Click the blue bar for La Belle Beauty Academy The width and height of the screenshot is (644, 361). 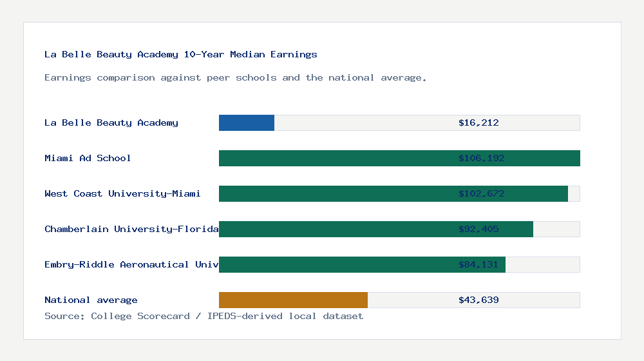pos(247,122)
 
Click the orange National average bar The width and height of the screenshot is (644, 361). pos(293,300)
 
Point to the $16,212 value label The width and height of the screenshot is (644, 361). pos(478,122)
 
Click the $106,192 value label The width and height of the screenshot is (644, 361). pos(478,158)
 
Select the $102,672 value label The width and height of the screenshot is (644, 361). pos(478,193)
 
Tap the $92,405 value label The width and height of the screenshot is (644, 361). pos(478,229)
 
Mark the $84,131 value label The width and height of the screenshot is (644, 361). pos(478,264)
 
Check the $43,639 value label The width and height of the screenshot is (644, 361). pos(478,300)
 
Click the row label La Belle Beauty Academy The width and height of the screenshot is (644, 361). pos(111,122)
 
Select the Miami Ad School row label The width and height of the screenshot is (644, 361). pos(88,158)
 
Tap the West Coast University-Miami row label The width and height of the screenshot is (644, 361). pos(122,193)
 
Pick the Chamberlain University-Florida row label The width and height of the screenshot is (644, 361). pos(131,229)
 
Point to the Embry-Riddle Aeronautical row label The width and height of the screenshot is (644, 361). pos(131,264)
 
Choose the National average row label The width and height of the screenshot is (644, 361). pos(91,300)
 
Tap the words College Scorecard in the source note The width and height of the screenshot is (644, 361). pos(140,316)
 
